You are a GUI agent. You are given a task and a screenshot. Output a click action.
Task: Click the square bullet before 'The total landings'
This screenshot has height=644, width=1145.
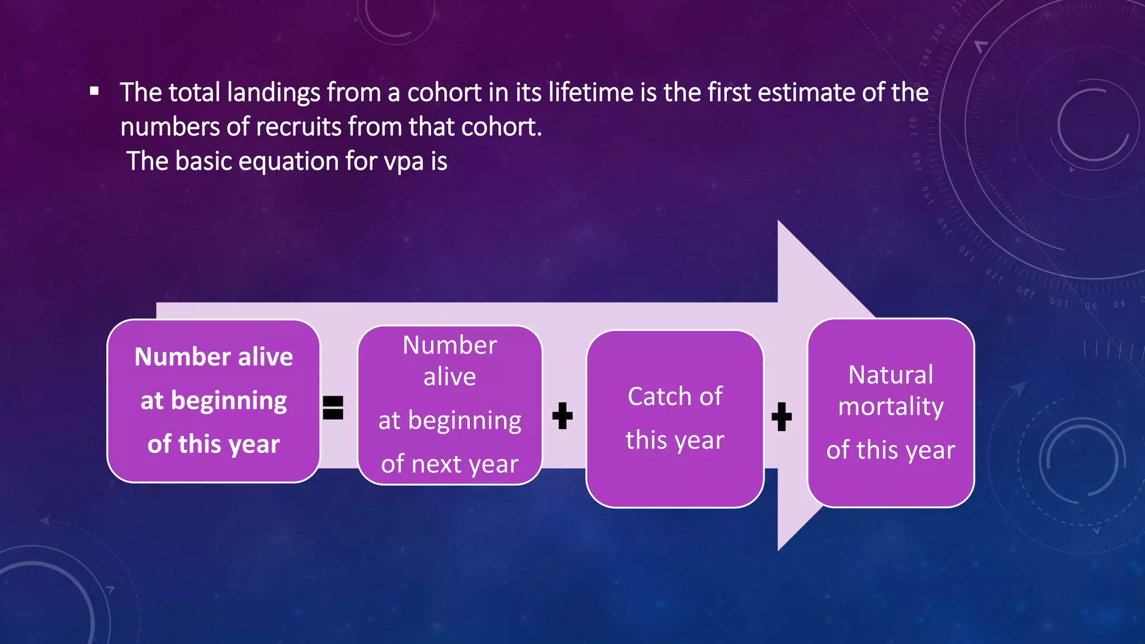[x=94, y=91]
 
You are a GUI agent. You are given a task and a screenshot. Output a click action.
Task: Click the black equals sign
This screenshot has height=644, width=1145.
[x=333, y=408]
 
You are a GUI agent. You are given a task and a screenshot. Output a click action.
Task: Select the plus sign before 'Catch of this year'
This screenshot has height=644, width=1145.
[x=562, y=416]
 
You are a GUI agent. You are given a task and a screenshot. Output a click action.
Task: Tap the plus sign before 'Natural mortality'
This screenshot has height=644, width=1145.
[x=782, y=416]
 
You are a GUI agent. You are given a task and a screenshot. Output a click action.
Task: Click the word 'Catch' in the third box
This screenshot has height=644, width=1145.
[x=652, y=397]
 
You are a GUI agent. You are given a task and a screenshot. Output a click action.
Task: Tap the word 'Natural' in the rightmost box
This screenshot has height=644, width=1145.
[x=891, y=375]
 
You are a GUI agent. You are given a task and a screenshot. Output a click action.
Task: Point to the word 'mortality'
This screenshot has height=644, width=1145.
[x=891, y=407]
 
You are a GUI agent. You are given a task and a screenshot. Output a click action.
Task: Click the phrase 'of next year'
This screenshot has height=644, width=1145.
[x=450, y=464]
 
